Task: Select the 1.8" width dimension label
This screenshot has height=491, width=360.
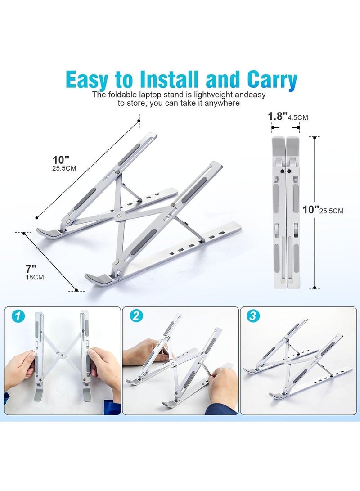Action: pos(277,117)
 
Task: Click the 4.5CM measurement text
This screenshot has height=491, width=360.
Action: pos(298,118)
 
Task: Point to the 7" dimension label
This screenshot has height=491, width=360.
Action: pos(31,269)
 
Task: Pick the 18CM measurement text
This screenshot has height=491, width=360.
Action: pos(35,277)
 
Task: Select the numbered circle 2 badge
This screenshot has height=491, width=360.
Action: pos(136,316)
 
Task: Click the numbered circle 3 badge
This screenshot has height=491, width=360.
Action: pos(253,316)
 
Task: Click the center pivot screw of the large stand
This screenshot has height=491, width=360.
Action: pos(120,216)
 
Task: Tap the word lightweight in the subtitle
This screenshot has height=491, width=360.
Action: pos(213,95)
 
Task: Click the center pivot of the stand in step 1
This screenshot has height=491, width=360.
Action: pos(62,355)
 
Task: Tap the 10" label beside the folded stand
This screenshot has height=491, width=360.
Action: pos(311,209)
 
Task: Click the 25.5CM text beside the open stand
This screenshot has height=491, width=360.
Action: pos(64,168)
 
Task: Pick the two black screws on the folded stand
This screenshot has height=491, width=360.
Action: pos(286,171)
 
